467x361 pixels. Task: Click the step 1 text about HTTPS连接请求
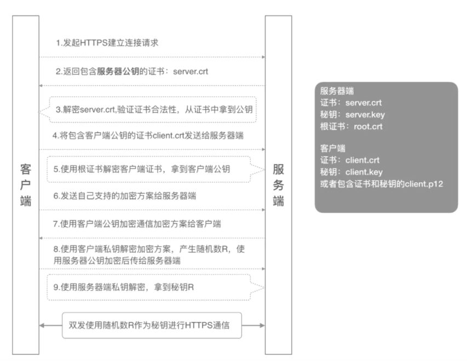tap(107, 43)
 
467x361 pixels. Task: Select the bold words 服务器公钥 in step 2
tap(118, 72)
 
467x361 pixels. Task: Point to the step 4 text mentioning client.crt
tap(148, 136)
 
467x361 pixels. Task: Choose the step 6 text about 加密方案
tap(125, 196)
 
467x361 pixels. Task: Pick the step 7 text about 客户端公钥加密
tap(137, 224)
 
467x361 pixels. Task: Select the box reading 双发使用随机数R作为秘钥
tap(152, 325)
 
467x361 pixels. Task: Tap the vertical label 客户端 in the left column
tap(26, 185)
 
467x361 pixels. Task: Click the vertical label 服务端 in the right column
tap(279, 185)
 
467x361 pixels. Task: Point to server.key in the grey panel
tap(365, 114)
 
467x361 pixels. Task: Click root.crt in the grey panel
tap(368, 126)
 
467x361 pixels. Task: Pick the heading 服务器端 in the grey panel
tap(337, 91)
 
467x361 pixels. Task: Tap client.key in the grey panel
tap(364, 172)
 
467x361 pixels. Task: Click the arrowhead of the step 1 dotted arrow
tap(263, 57)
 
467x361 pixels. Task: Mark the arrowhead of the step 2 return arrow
tap(41, 86)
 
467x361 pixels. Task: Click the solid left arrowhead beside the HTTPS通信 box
tap(42, 325)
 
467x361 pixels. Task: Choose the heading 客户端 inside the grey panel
tap(333, 148)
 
